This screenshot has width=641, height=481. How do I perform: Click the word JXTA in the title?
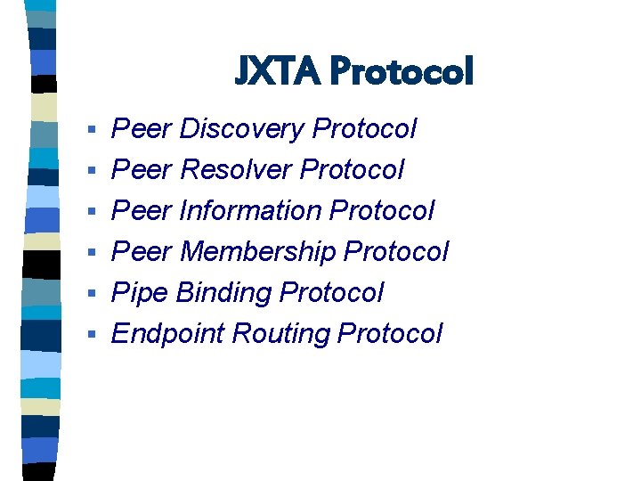tap(277, 71)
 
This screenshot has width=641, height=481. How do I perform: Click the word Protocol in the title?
tap(401, 71)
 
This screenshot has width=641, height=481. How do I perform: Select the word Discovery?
tap(242, 129)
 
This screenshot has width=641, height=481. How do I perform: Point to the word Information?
tap(250, 211)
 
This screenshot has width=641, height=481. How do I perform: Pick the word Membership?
tap(258, 252)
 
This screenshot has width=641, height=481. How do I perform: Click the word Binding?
tap(224, 293)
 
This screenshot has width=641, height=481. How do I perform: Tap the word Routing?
tap(281, 334)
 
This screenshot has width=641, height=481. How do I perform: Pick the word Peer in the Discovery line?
tap(141, 129)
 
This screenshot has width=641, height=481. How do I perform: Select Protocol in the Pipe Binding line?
tap(331, 293)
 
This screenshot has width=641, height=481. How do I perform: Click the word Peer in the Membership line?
tap(141, 252)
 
